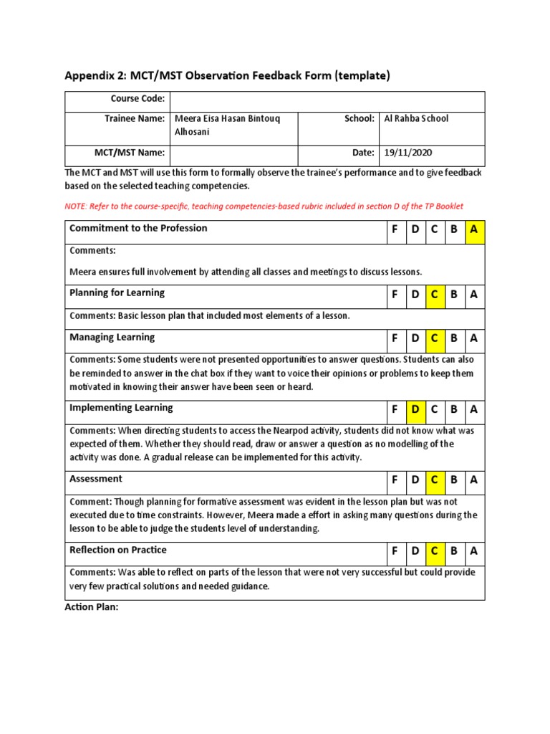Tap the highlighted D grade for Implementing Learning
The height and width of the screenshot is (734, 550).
[415, 410]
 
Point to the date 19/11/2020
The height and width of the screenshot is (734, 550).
[408, 153]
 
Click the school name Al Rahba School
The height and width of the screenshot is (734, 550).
[416, 118]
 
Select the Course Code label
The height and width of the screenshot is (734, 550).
[137, 99]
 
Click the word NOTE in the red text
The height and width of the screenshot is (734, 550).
[76, 206]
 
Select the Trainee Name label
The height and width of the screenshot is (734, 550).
[135, 118]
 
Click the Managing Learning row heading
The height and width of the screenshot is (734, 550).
[112, 337]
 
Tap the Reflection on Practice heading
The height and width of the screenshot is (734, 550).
[117, 550]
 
